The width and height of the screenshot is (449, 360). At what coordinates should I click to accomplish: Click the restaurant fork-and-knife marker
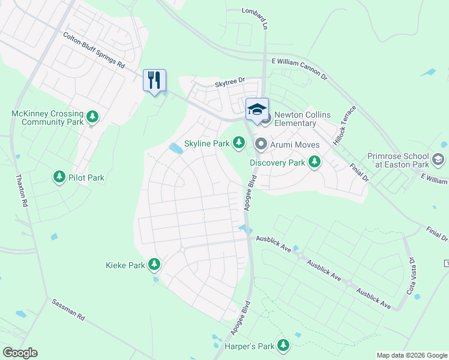click(x=154, y=80)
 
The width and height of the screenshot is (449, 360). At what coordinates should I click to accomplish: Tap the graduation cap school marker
click(x=257, y=109)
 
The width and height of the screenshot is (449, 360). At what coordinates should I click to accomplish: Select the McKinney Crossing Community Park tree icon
click(x=92, y=115)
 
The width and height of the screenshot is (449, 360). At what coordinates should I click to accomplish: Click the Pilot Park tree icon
click(x=59, y=176)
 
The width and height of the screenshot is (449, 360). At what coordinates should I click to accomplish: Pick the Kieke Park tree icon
click(x=154, y=264)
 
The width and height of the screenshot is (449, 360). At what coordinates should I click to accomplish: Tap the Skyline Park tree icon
click(x=240, y=142)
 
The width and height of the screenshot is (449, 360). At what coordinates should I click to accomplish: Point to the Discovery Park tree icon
click(x=314, y=161)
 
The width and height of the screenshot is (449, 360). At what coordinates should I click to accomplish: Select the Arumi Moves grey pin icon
click(x=261, y=143)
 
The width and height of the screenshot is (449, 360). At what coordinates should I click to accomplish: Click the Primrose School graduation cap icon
click(x=438, y=159)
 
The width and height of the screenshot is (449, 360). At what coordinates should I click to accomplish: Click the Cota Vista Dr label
click(x=412, y=274)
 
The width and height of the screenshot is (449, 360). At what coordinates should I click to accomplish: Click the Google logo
click(x=20, y=353)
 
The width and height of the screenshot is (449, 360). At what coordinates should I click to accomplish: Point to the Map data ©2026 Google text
click(x=412, y=355)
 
